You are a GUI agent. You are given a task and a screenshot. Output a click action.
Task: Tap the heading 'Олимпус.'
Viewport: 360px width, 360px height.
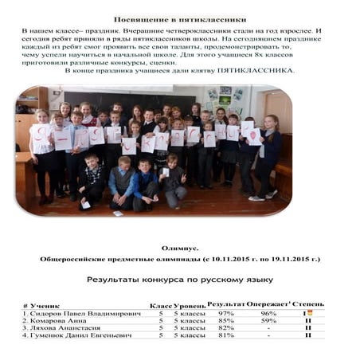(x=179, y=248)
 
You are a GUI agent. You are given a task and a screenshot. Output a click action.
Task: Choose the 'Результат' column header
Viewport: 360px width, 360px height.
(x=225, y=304)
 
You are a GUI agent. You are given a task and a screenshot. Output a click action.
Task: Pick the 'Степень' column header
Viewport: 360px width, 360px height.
(x=308, y=304)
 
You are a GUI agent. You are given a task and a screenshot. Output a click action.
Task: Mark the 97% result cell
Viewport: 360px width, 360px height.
(x=225, y=313)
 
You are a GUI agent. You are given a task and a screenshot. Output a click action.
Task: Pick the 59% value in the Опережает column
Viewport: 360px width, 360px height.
(x=268, y=320)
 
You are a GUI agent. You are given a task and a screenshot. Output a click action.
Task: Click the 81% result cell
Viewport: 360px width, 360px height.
(x=225, y=335)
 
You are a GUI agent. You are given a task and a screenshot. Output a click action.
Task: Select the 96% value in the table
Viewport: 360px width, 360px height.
(x=268, y=313)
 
